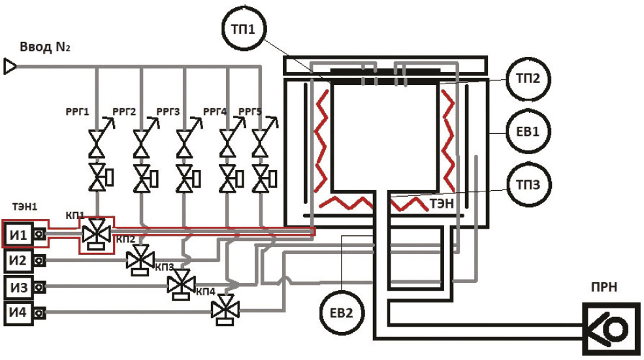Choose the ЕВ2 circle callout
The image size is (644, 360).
click(344, 312)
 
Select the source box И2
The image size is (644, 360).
click(18, 261)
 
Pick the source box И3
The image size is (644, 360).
click(18, 287)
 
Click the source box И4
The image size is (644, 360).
click(18, 313)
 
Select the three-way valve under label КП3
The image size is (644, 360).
click(178, 284)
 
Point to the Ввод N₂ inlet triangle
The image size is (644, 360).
click(10, 67)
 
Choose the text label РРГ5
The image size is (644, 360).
click(250, 111)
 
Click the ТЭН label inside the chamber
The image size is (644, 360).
click(442, 203)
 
